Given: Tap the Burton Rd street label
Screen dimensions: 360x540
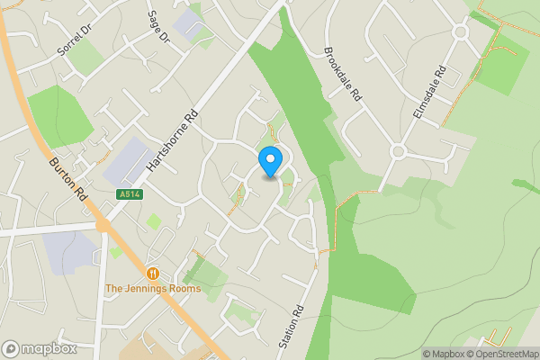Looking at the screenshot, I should (67, 174).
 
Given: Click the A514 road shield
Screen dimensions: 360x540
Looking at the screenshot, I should (130, 193).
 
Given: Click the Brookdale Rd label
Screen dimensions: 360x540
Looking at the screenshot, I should (343, 74).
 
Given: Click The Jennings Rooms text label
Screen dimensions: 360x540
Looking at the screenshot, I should (152, 289).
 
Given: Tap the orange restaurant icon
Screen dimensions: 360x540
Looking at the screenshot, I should (153, 273).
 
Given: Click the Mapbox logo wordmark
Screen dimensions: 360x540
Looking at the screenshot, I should (40, 349).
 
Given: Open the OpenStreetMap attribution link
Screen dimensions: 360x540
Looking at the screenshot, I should (507, 354).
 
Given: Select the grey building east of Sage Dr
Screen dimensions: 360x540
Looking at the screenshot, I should (191, 23).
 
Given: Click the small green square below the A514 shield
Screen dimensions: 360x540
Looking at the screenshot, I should (155, 220).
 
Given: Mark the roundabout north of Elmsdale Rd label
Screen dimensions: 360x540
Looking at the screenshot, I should (462, 31).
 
